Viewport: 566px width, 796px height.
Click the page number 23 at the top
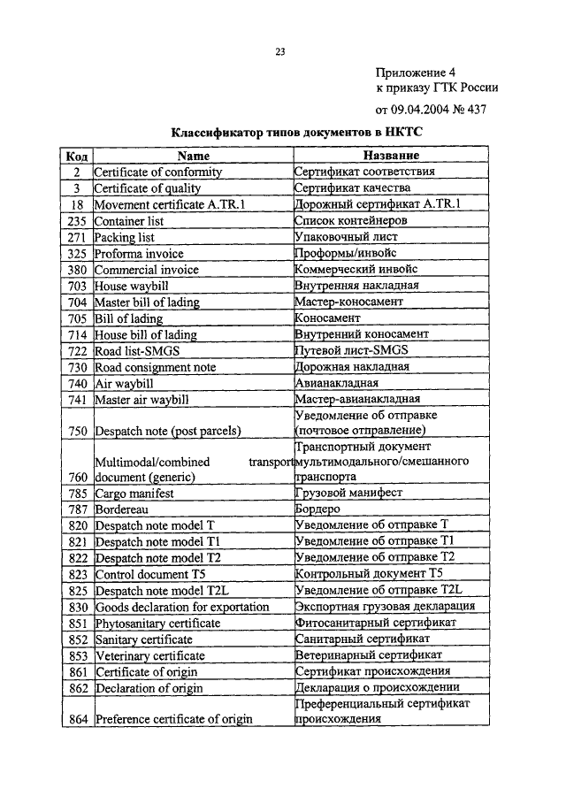pyautogui.click(x=279, y=52)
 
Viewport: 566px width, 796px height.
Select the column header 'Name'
pyautogui.click(x=192, y=156)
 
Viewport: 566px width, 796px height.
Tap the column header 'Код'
pyautogui.click(x=76, y=156)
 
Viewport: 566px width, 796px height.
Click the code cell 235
pyautogui.click(x=78, y=221)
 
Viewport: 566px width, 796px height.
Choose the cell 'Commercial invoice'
pyautogui.click(x=146, y=270)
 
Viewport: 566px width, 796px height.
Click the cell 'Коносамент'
pyautogui.click(x=327, y=318)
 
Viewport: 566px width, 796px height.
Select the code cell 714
pyautogui.click(x=78, y=334)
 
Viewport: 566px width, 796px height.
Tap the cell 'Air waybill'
pyautogui.click(x=123, y=383)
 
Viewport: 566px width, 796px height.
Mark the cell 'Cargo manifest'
pyautogui.click(x=134, y=493)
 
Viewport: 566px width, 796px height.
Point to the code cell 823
pyautogui.click(x=78, y=573)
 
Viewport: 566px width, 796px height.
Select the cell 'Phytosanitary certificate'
pyautogui.click(x=157, y=623)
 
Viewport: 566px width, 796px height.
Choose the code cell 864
pyautogui.click(x=78, y=719)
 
